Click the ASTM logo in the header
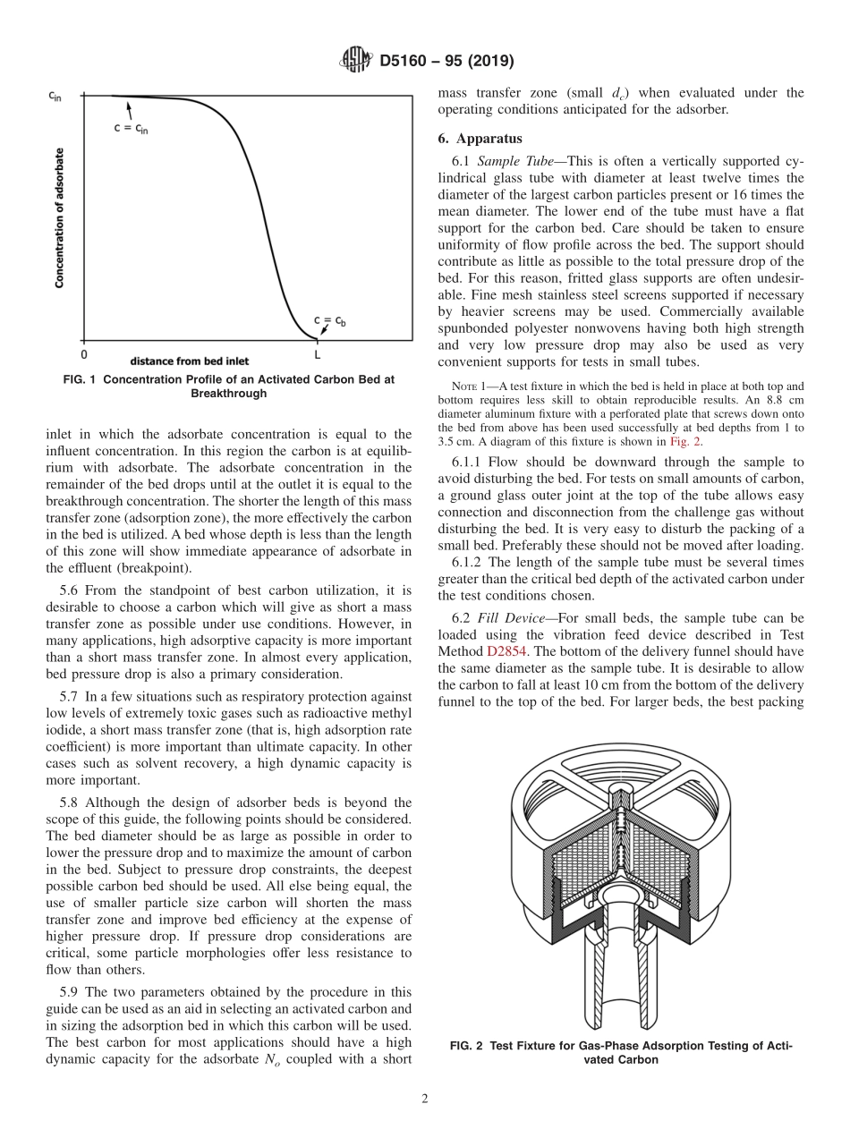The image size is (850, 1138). (355, 61)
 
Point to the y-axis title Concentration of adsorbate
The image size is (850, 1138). (60, 217)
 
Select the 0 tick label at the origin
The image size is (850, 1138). (85, 354)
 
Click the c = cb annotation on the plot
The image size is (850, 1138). (328, 320)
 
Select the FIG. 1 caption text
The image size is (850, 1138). (229, 386)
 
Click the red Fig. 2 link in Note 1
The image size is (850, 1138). (685, 442)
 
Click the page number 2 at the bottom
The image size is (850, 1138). (425, 1100)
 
